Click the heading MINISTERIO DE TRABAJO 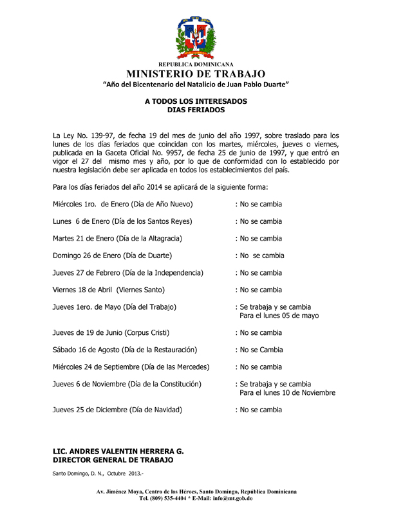[197, 74]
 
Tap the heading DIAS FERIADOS [196, 110]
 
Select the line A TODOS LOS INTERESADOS [196, 102]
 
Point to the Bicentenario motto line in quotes [197, 85]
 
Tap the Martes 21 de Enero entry [117, 238]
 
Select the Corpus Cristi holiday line [111, 333]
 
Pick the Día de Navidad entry [117, 409]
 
